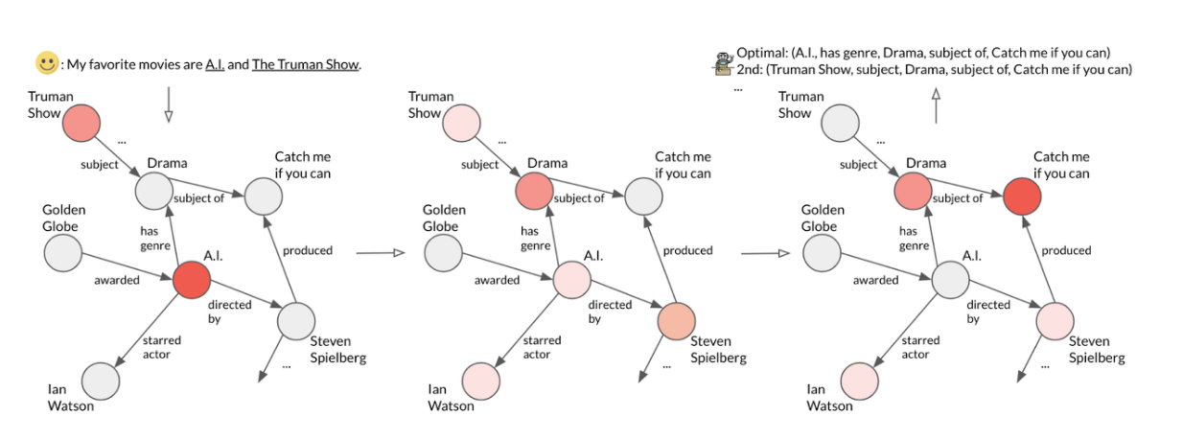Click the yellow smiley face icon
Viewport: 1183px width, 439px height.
(47, 64)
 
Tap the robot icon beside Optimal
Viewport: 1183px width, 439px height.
(722, 61)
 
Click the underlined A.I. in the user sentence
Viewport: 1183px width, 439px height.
(215, 65)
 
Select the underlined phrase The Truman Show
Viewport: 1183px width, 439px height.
(306, 65)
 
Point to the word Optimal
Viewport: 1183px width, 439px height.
(763, 52)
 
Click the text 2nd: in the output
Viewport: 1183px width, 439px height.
(750, 69)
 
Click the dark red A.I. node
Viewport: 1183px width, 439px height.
(191, 281)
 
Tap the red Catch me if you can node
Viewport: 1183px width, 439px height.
(1022, 196)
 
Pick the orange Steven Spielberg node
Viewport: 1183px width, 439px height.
(676, 319)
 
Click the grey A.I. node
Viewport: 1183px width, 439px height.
(951, 281)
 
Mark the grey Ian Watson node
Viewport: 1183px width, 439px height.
(100, 381)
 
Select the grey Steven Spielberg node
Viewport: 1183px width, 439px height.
(295, 320)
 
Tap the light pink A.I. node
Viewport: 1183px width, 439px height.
(571, 281)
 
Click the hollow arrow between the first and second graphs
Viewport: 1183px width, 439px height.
(376, 253)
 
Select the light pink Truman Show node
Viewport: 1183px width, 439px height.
(461, 127)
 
